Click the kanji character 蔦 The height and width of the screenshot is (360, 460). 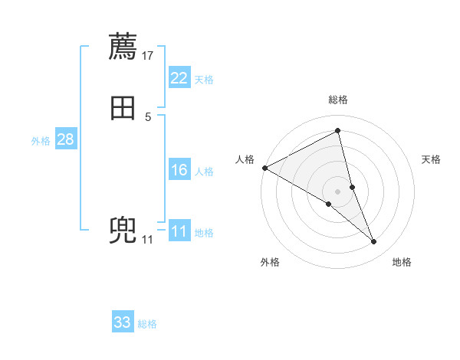(123, 47)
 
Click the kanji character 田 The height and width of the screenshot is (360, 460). (123, 108)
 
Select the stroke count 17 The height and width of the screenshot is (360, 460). (148, 55)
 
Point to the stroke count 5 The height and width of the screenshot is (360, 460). (148, 116)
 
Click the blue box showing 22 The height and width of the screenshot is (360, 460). (179, 78)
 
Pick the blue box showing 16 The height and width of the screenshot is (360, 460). (179, 170)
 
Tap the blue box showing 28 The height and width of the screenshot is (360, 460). (65, 139)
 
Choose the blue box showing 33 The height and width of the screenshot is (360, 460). (123, 322)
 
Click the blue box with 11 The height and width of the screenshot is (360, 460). (179, 231)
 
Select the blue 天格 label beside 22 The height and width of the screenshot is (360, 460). (204, 80)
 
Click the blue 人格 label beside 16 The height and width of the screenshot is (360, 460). (204, 172)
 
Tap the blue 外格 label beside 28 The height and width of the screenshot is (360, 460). (41, 141)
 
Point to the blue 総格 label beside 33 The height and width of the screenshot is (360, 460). (147, 324)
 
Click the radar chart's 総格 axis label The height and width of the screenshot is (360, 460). (338, 100)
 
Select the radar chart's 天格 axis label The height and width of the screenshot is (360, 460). (432, 159)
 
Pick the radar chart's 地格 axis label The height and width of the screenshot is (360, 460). (402, 262)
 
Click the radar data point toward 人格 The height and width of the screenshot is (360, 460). (264, 167)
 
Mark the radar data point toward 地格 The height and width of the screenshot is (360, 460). (374, 242)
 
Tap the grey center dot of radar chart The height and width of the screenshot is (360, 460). (338, 191)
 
